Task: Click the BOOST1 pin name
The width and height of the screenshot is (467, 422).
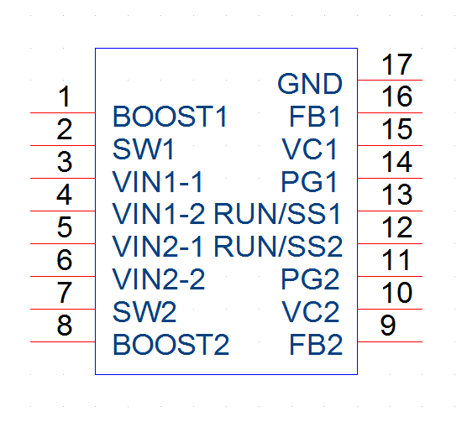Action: pyautogui.click(x=170, y=117)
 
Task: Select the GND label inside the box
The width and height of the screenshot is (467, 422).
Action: pyautogui.click(x=310, y=84)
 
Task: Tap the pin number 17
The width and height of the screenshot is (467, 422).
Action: pyautogui.click(x=396, y=65)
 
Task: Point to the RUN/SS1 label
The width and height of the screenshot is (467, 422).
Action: pyautogui.click(x=277, y=214)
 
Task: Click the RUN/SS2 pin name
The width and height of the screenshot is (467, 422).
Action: pyautogui.click(x=279, y=247)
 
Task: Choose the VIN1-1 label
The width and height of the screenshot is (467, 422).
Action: pyautogui.click(x=158, y=182)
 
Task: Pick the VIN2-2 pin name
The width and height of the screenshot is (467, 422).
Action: pyautogui.click(x=159, y=279)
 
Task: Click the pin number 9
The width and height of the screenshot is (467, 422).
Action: pyautogui.click(x=388, y=326)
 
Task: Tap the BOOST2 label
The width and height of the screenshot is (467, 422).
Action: pyautogui.click(x=171, y=345)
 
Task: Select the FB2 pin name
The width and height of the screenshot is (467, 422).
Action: pyautogui.click(x=316, y=345)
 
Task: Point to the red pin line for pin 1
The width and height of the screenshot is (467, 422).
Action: pyautogui.click(x=62, y=112)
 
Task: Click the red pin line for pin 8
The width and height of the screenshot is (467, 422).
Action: pyautogui.click(x=62, y=341)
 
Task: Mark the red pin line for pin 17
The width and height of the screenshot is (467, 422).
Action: pyautogui.click(x=390, y=80)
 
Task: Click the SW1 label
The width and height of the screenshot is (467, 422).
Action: pyautogui.click(x=144, y=149)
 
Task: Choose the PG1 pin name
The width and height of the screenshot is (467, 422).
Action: pyautogui.click(x=309, y=182)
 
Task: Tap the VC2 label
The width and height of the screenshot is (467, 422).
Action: pyautogui.click(x=310, y=312)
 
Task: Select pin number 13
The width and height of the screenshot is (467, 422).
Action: pyautogui.click(x=396, y=195)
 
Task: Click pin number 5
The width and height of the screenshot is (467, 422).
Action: pyautogui.click(x=65, y=227)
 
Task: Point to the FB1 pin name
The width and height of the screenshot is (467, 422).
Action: pyautogui.click(x=315, y=117)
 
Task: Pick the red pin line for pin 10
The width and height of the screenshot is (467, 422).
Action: pyautogui.click(x=390, y=309)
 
